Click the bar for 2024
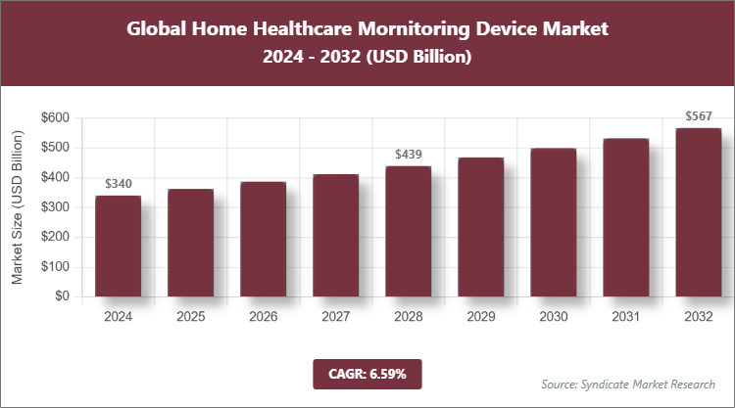(118, 246)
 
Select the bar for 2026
(263, 239)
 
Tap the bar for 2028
(408, 231)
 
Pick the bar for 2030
(553, 222)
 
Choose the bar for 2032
(698, 212)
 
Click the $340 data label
(118, 183)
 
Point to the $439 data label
(408, 155)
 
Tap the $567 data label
(698, 116)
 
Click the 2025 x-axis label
(190, 317)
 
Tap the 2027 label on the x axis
(335, 317)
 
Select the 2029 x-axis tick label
(480, 317)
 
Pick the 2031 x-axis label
(625, 317)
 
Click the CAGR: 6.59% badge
(367, 374)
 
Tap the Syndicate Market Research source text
(628, 384)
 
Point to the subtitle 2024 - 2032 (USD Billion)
(367, 58)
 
